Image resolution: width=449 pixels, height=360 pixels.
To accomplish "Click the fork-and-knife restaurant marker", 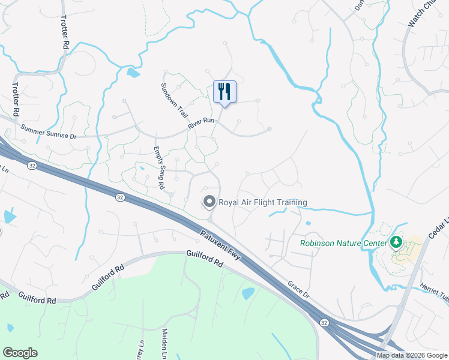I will tap(224, 92).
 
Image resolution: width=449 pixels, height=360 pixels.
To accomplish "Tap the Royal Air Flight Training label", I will tap(262, 202).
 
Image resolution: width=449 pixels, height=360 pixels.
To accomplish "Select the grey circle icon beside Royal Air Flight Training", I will tap(209, 202).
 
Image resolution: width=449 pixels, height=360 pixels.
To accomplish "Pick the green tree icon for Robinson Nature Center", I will tap(396, 242).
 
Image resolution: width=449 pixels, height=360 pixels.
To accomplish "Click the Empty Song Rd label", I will tap(159, 168).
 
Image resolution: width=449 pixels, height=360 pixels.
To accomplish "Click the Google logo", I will tap(20, 353).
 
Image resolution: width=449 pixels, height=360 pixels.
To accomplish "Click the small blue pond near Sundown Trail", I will tap(133, 73).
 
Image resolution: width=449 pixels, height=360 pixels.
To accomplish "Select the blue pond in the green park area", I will tap(247, 293).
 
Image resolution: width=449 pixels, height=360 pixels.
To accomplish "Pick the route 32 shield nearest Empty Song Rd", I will tap(120, 196).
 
